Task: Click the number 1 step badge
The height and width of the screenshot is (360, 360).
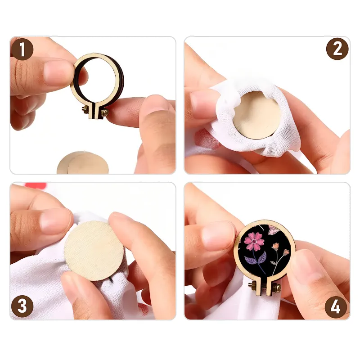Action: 22,49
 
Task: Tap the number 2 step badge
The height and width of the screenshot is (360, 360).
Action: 337,49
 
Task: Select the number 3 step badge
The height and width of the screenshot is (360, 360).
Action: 22,306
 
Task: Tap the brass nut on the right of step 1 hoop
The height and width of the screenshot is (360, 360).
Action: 105,112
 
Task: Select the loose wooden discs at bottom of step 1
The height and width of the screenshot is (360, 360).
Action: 83,162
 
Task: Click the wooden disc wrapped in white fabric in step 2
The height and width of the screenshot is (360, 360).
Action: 257,115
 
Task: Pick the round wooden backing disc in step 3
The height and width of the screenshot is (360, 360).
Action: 94,251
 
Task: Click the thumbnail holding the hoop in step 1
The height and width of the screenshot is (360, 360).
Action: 58,71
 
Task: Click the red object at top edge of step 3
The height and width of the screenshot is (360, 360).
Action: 36,185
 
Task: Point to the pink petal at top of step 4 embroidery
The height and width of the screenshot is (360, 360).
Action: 274,229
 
